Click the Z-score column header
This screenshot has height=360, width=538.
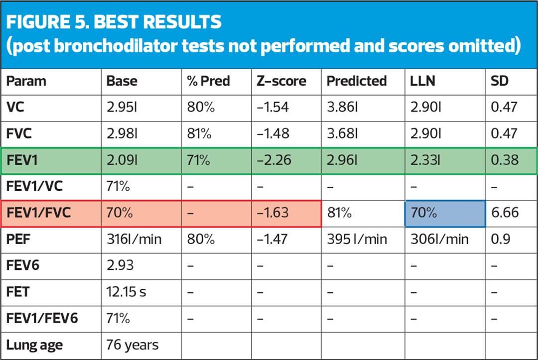[281, 81]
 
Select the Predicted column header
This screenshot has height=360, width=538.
[356, 81]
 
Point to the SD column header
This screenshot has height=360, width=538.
[500, 81]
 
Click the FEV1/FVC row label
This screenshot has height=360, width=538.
[39, 213]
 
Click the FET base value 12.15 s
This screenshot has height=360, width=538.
[126, 292]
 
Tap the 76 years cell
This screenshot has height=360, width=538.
[133, 345]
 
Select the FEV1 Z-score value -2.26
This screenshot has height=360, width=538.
[273, 160]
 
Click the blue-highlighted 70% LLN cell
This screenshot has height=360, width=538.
[423, 213]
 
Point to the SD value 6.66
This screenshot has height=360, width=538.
[505, 213]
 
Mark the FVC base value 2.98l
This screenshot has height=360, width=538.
[122, 133]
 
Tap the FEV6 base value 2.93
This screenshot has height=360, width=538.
[120, 265]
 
